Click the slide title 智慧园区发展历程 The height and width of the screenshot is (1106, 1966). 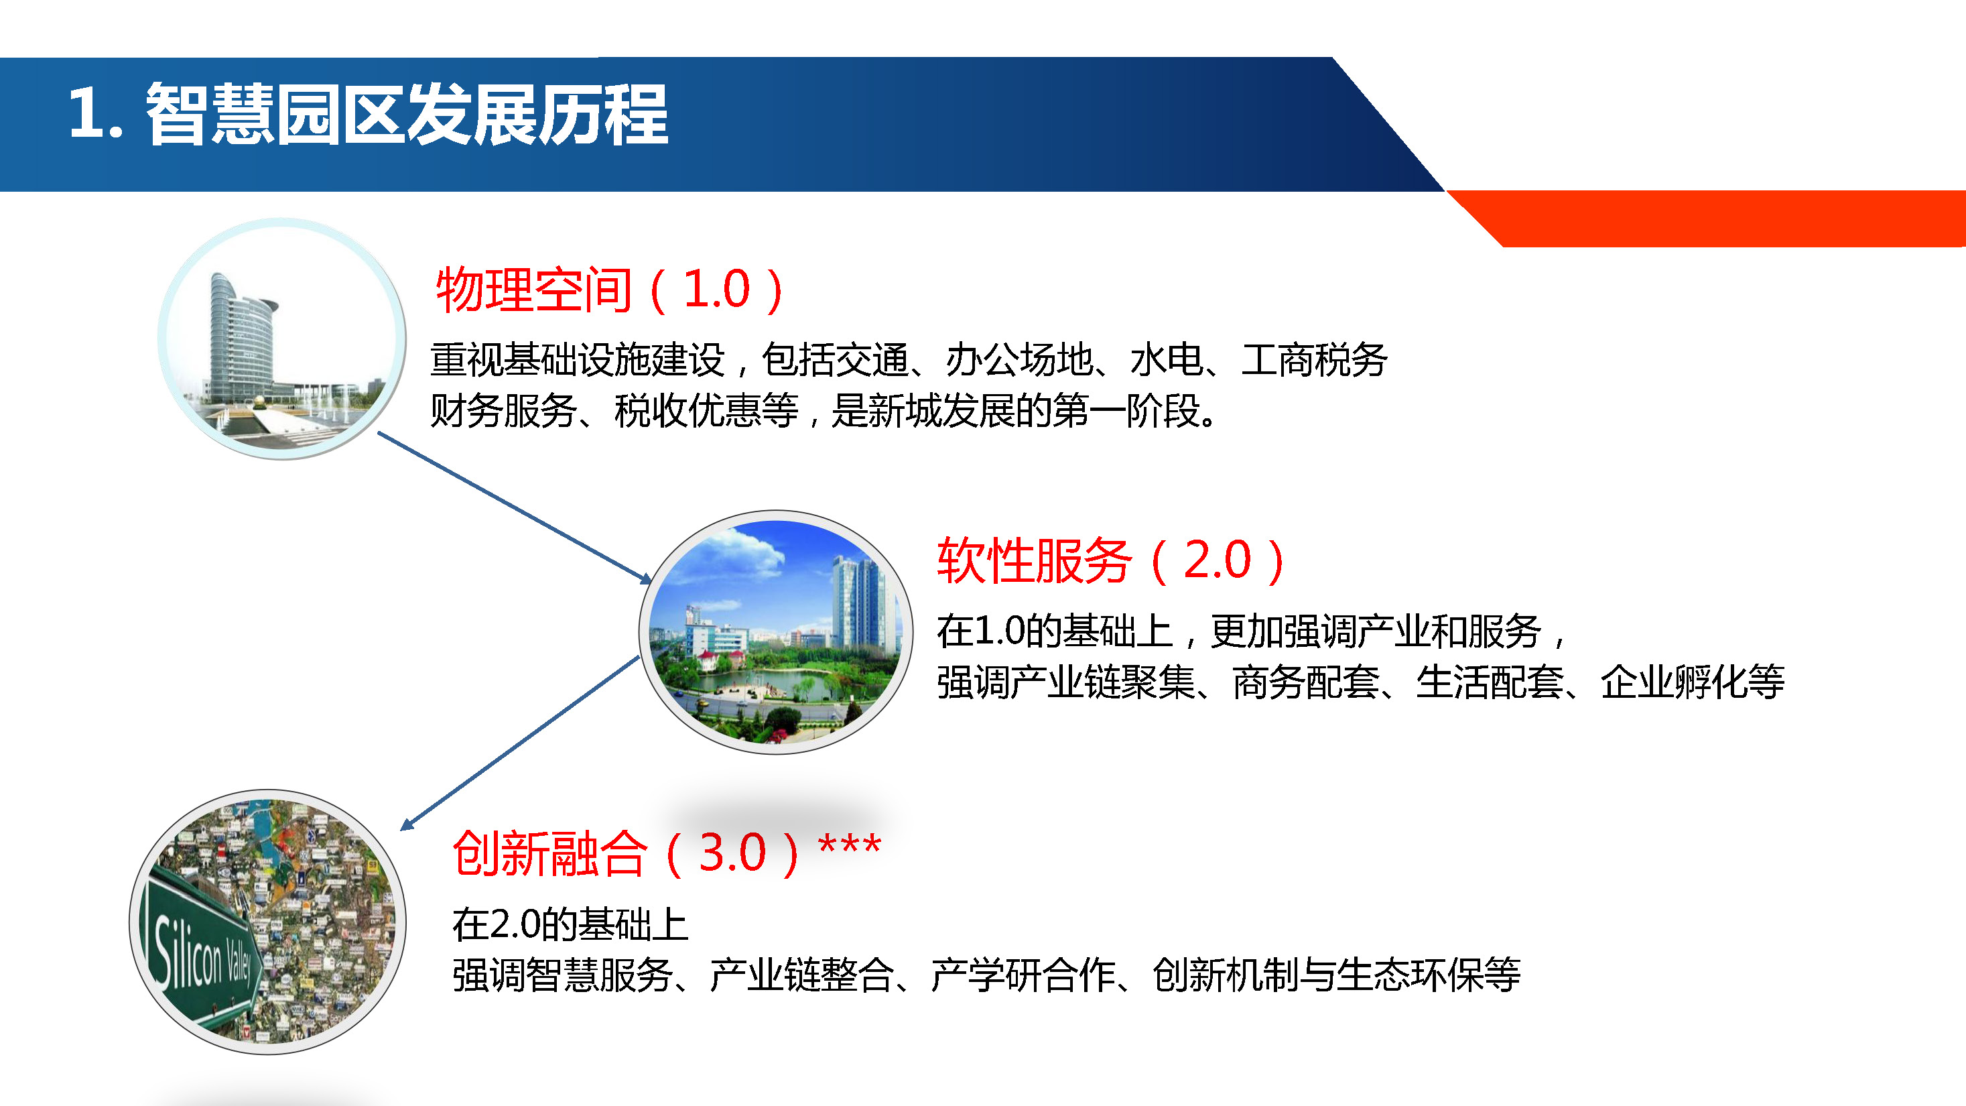coord(407,115)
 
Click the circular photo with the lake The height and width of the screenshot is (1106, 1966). coord(776,632)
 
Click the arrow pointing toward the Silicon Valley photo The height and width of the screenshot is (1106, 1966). coord(520,743)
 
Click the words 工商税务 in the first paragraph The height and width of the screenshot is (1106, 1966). coord(1314,360)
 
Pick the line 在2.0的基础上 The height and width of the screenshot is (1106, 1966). coord(571,925)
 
